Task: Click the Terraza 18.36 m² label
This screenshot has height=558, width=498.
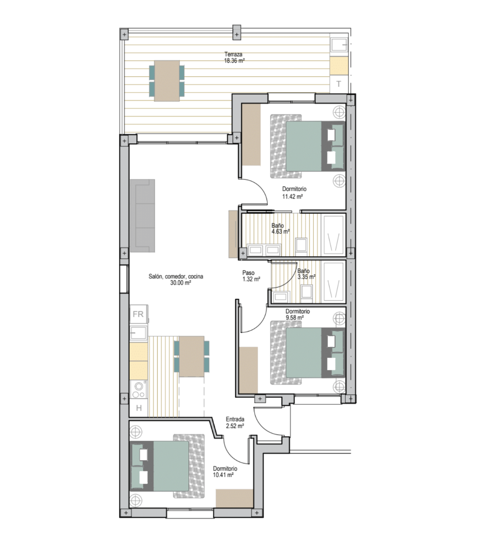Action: (x=234, y=58)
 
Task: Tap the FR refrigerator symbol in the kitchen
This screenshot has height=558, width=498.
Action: (x=139, y=314)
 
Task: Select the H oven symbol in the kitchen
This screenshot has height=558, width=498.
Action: (x=139, y=408)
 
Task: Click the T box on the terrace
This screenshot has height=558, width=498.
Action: (x=339, y=84)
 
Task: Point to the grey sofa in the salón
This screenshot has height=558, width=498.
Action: (x=142, y=216)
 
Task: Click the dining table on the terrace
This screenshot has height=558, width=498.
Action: (x=167, y=81)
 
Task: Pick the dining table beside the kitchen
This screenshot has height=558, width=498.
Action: (x=192, y=356)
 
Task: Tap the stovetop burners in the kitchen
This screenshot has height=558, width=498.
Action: (x=139, y=389)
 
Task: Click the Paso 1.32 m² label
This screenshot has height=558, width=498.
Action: (x=251, y=276)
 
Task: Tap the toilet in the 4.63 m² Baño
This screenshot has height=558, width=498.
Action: (x=301, y=245)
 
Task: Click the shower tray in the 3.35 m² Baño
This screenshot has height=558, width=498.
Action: (x=334, y=283)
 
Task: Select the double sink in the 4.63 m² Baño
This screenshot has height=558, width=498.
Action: (x=264, y=250)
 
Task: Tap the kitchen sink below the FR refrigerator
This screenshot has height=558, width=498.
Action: (x=139, y=332)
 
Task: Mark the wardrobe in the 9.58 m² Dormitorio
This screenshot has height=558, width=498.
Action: (x=248, y=370)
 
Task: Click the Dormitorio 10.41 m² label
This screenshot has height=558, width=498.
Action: (x=225, y=472)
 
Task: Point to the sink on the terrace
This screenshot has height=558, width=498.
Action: (x=339, y=45)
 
